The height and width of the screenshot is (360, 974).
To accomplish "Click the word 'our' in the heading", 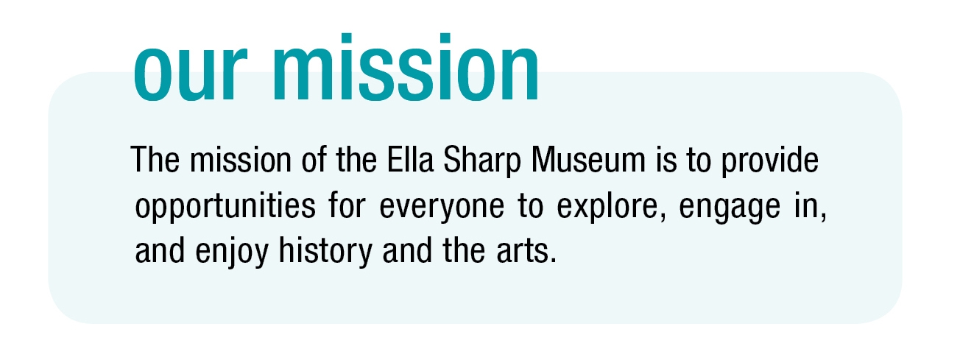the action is coord(191,74).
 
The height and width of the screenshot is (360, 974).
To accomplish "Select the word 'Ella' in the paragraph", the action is coord(411,159).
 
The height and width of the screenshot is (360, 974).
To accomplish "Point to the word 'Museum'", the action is coord(588,160).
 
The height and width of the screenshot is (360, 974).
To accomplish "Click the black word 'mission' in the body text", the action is coord(241,160).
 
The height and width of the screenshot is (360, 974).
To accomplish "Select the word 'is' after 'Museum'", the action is coord(666,160).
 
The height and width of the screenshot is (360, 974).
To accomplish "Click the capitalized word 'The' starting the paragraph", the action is coord(155,160).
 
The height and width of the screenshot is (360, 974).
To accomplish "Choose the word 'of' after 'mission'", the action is coord(314,159).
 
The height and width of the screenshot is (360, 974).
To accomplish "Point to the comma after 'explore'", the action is coord(663,217).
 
